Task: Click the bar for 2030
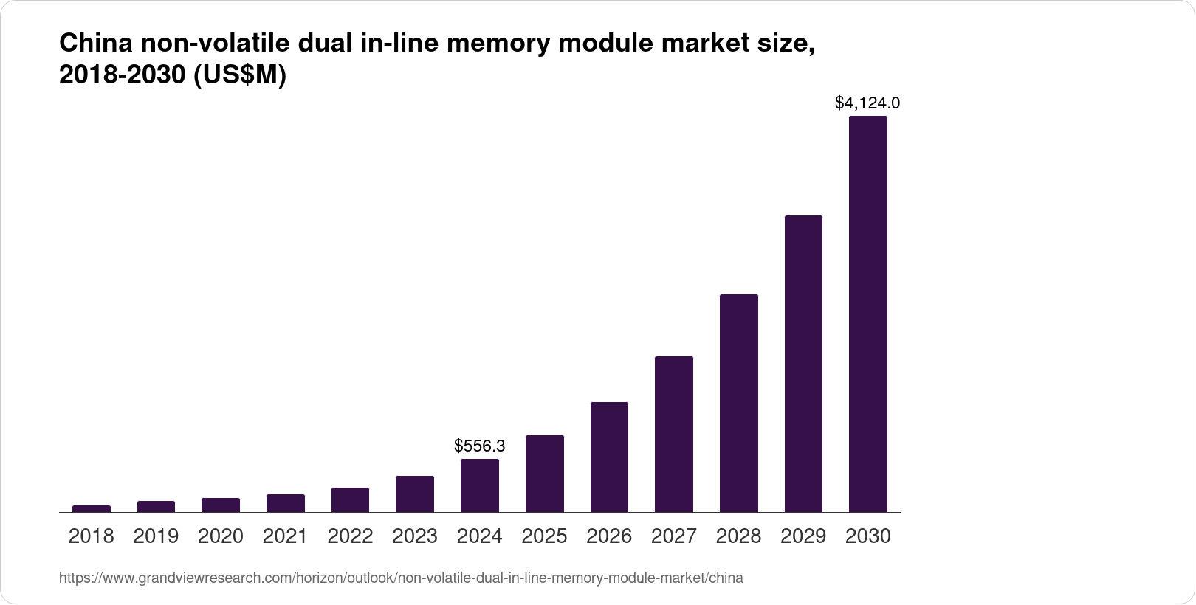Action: pyautogui.click(x=867, y=314)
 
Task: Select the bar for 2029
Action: pyautogui.click(x=803, y=364)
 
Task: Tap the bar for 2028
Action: pyautogui.click(x=738, y=403)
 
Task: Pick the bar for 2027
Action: pyautogui.click(x=673, y=434)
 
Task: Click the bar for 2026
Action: pyautogui.click(x=609, y=457)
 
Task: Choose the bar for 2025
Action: pyautogui.click(x=544, y=474)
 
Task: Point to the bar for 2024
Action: pyautogui.click(x=479, y=485)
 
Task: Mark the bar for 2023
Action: pyautogui.click(x=415, y=494)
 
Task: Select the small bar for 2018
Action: pyautogui.click(x=92, y=508)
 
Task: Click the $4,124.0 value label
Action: pyautogui.click(x=867, y=103)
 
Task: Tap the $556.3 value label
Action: pyautogui.click(x=479, y=446)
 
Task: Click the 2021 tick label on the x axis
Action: pyautogui.click(x=285, y=536)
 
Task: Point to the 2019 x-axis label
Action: pyautogui.click(x=156, y=536)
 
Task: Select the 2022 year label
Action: pyautogui.click(x=350, y=536)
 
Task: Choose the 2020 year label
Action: pyautogui.click(x=221, y=536)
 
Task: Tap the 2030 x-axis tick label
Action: pyautogui.click(x=867, y=536)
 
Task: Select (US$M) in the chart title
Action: pyautogui.click(x=239, y=76)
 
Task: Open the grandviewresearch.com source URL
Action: pyautogui.click(x=401, y=578)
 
